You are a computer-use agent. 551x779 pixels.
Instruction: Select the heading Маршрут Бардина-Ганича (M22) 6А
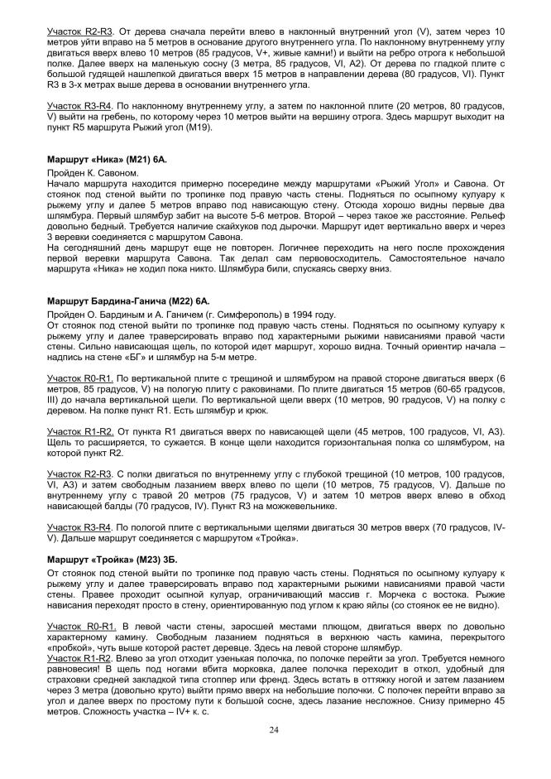(122, 302)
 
